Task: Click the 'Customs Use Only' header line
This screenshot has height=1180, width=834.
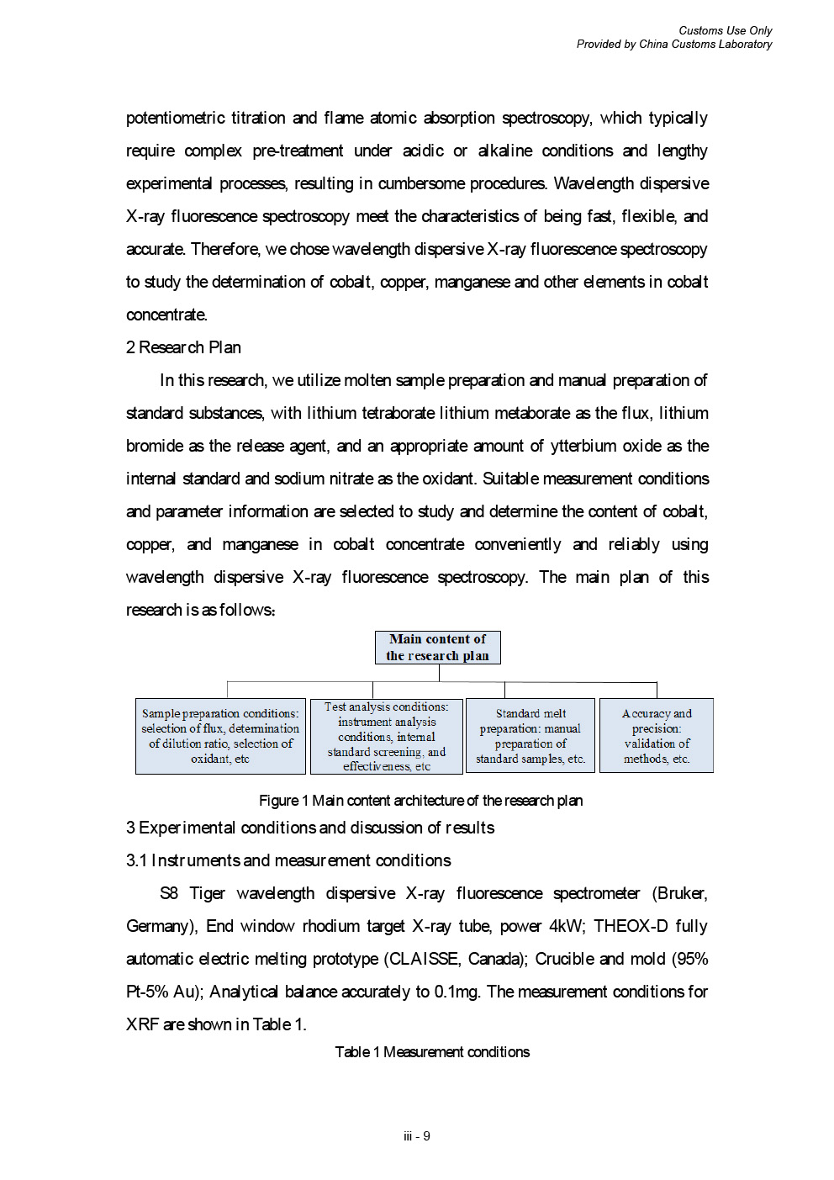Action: (x=725, y=30)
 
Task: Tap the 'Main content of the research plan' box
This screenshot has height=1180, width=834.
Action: (x=437, y=648)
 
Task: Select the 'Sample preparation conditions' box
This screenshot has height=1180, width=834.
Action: (x=220, y=736)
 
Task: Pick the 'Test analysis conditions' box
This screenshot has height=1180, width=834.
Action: (x=387, y=736)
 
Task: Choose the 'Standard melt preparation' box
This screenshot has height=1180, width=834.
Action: (x=530, y=736)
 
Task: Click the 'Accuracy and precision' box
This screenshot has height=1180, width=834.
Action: (x=657, y=736)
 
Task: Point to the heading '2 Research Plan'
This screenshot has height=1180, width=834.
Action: (x=183, y=347)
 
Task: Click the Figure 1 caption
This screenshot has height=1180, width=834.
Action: (x=420, y=801)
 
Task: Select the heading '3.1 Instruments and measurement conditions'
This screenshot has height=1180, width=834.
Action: (x=288, y=860)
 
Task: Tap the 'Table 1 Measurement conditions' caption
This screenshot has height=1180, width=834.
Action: (x=432, y=1052)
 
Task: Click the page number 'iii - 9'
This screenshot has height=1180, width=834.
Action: (x=417, y=1136)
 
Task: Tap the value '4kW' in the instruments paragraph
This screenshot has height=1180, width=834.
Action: (x=567, y=926)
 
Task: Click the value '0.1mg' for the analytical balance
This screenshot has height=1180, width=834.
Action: (x=457, y=992)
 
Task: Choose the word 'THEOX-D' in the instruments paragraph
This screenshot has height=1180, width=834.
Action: (x=631, y=926)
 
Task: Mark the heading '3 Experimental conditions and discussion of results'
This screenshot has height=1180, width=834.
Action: (x=310, y=828)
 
